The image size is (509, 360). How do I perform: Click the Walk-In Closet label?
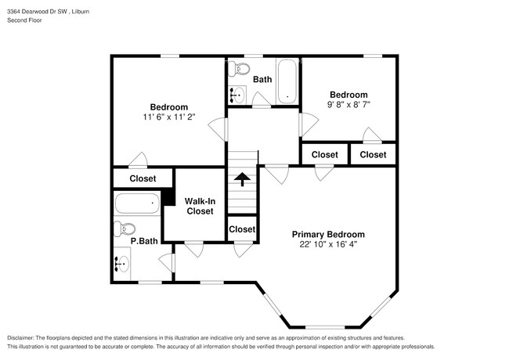tap(199, 206)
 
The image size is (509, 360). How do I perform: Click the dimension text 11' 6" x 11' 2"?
tap(168, 117)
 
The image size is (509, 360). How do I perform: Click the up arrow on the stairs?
tap(243, 179)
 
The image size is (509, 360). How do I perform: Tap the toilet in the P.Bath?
tap(120, 229)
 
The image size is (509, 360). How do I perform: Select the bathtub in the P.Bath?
tap(137, 205)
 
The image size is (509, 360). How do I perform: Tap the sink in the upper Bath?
tap(236, 95)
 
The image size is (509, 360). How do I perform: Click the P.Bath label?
tap(144, 242)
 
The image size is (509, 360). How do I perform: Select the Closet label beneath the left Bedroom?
tap(143, 178)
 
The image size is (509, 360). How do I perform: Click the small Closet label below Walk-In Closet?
tap(242, 229)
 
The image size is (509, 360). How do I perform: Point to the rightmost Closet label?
tap(373, 154)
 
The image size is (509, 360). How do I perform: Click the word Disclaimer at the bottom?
tap(27, 337)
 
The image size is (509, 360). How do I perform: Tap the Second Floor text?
tap(25, 20)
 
